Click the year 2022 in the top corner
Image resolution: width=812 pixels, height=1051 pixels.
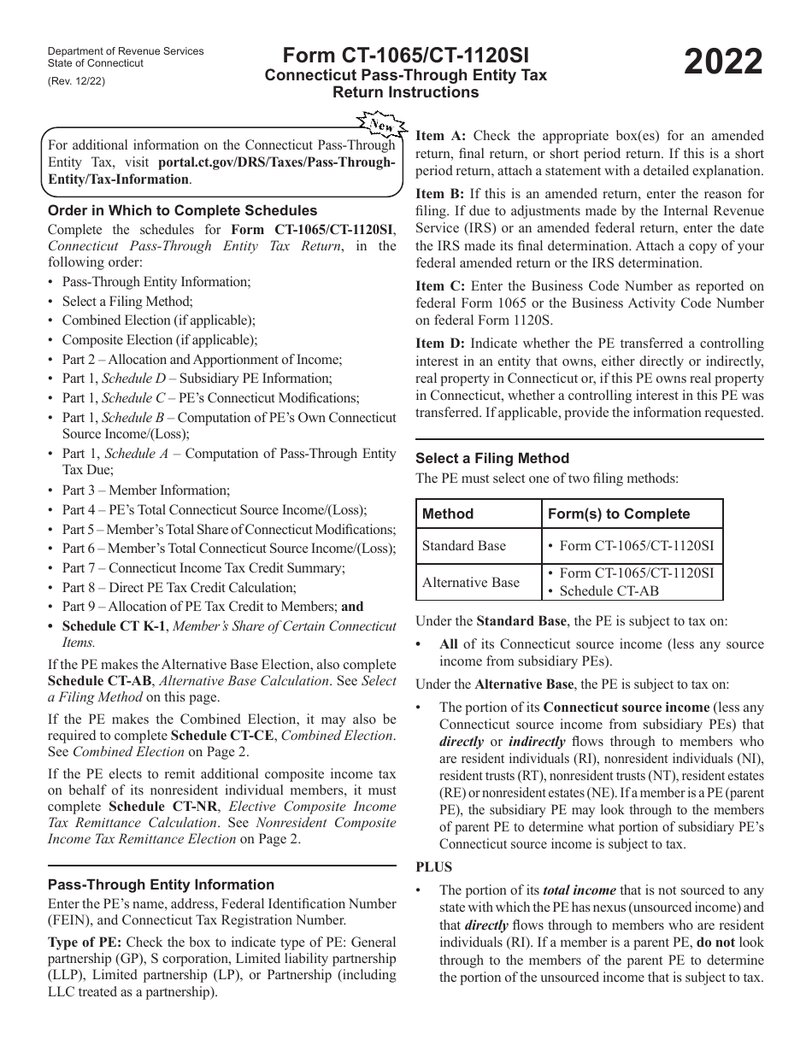click(724, 63)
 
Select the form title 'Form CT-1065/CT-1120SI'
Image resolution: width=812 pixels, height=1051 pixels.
click(406, 56)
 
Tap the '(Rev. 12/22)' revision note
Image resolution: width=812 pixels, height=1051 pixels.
click(77, 81)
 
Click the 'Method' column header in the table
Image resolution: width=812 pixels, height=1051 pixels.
click(448, 514)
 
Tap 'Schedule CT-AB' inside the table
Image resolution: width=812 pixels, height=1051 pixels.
click(605, 590)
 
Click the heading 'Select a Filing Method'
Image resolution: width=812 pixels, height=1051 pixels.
click(492, 458)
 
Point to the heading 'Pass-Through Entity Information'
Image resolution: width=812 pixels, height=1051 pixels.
click(161, 884)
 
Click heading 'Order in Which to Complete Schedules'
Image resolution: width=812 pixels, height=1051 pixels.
click(182, 210)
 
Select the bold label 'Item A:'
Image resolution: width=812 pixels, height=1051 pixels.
click(441, 135)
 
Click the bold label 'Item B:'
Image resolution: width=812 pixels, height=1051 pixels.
click(440, 194)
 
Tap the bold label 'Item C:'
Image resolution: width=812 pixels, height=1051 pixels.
click(440, 286)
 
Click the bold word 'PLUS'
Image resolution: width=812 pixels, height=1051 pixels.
click(434, 867)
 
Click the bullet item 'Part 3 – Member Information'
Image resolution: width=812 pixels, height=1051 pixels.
click(145, 490)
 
